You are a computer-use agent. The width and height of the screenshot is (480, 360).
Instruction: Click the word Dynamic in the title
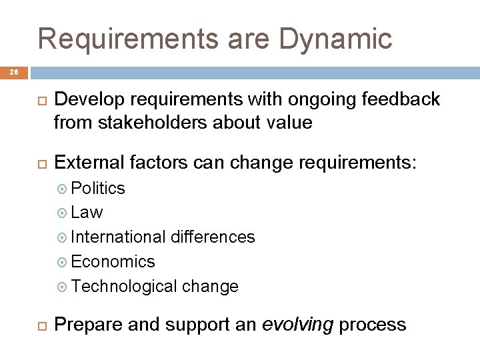(335, 39)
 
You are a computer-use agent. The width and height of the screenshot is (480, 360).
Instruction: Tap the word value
(290, 123)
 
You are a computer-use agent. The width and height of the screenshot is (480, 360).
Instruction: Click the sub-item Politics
(97, 189)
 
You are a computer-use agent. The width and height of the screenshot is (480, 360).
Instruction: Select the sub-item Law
(87, 213)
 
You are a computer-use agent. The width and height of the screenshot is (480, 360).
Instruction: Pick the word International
(119, 237)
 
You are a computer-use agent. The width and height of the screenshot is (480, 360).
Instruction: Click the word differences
(213, 237)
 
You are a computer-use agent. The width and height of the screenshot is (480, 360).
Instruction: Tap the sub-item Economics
(113, 261)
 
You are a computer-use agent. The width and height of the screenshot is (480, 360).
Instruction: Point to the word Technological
(124, 286)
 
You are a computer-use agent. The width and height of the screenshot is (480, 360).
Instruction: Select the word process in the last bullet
(373, 325)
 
